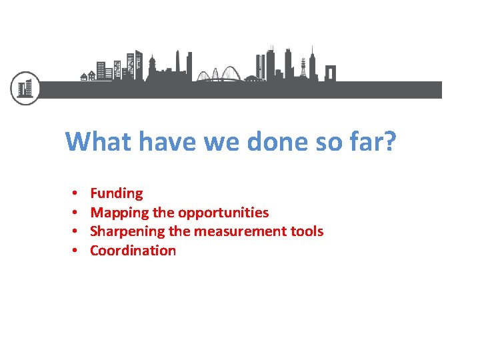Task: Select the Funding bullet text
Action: click(117, 193)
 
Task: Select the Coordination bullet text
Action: click(133, 251)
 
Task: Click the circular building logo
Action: click(25, 88)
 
